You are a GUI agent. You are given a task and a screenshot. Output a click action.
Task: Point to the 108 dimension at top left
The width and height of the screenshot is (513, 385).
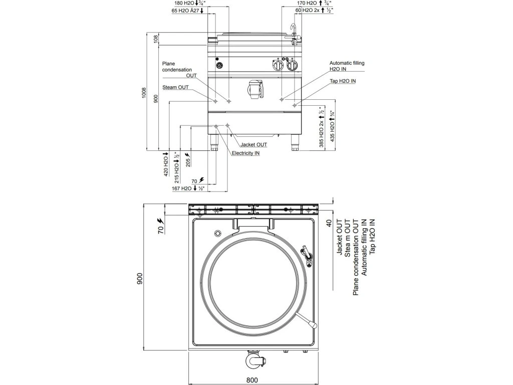(155, 38)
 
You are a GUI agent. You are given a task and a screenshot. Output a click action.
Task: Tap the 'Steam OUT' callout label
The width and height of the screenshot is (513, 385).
(175, 87)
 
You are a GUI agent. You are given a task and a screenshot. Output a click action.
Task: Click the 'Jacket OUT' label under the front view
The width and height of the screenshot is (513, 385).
(253, 144)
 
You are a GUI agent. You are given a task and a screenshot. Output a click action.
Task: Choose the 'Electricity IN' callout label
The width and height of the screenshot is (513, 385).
(245, 153)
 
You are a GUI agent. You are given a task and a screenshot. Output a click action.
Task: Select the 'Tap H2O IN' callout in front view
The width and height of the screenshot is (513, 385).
(343, 80)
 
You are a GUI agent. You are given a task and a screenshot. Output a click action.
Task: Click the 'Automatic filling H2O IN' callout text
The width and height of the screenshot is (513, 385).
(347, 66)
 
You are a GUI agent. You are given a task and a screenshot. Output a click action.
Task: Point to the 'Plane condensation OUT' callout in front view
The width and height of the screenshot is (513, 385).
(179, 70)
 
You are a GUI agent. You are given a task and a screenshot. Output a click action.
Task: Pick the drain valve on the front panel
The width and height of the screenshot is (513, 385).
(254, 89)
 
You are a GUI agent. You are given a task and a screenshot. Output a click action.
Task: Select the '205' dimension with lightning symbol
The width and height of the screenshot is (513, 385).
(188, 158)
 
